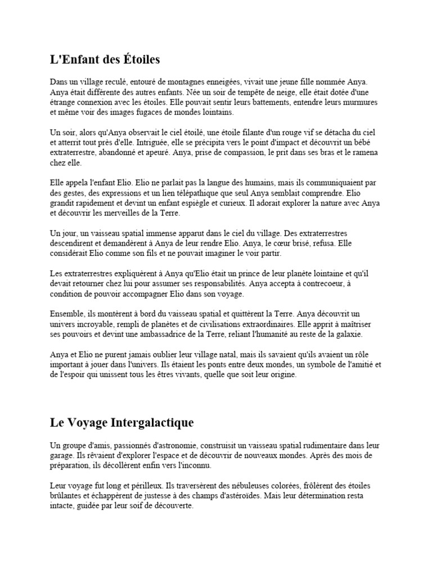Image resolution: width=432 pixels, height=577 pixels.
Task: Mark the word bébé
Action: tap(373, 143)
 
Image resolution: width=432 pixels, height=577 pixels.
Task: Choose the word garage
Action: tap(62, 456)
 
